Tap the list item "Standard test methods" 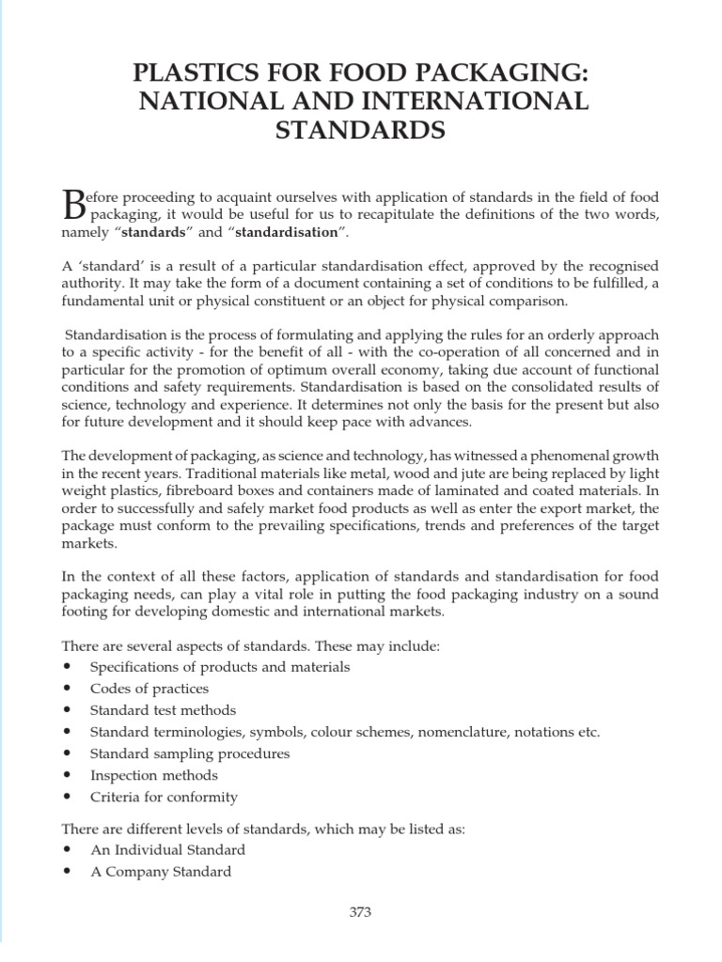(x=163, y=710)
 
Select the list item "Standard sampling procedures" (x=189, y=753)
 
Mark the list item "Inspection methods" (x=153, y=775)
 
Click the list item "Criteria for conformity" (x=164, y=797)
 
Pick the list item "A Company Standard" (x=160, y=871)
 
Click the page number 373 (x=361, y=911)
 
